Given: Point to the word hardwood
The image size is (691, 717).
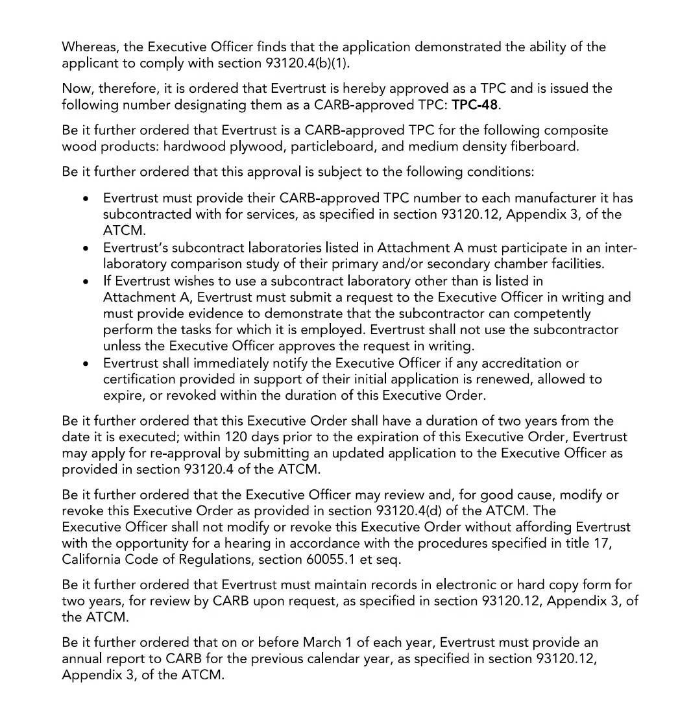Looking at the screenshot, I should [193, 147].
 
